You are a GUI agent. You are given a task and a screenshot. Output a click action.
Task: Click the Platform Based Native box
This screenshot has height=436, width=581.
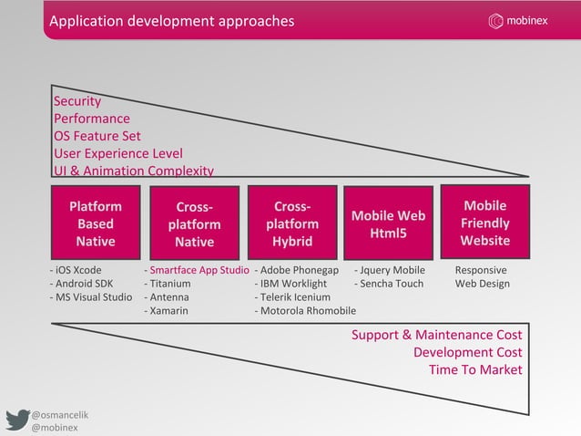(x=96, y=223)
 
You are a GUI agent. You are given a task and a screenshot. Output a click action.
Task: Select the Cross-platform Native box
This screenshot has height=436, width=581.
(x=194, y=223)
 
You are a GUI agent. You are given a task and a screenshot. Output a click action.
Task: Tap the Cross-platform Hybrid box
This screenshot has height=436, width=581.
(x=291, y=223)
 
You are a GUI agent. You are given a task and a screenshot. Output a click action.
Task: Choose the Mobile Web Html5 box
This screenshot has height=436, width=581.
(x=389, y=223)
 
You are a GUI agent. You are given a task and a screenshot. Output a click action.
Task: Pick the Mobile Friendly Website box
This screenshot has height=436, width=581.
(x=485, y=223)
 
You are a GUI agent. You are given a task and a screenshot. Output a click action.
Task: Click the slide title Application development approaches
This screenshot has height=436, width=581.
(x=172, y=21)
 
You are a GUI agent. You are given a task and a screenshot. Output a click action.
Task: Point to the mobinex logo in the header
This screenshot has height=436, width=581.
(x=518, y=21)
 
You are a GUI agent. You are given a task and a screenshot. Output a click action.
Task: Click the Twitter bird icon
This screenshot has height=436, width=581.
(x=17, y=420)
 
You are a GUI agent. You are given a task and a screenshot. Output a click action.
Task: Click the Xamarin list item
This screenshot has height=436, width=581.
(x=169, y=311)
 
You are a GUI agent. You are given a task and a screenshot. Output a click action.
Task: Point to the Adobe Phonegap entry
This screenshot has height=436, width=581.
(x=300, y=271)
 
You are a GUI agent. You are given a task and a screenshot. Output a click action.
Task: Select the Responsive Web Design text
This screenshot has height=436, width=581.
(x=482, y=277)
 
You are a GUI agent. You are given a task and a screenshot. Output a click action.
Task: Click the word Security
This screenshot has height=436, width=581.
(x=77, y=101)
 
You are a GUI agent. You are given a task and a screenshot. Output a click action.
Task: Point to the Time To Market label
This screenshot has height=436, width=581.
(x=475, y=369)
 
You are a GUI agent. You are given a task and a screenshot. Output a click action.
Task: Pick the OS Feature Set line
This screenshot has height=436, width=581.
(x=97, y=136)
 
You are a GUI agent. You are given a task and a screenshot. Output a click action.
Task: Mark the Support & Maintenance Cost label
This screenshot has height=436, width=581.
(x=437, y=335)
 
